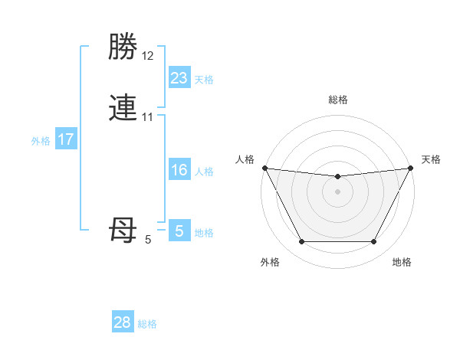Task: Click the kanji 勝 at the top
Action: point(123,48)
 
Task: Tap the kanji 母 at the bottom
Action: point(123,229)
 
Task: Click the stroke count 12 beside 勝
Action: point(147,56)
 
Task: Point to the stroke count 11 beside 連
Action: point(147,116)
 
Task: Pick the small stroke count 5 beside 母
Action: point(148,240)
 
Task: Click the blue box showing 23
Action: point(179,78)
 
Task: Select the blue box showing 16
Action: point(179,170)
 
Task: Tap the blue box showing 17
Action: point(65,139)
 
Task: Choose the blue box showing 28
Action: point(123,322)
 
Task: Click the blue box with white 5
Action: point(179,231)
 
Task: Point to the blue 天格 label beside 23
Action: point(204,80)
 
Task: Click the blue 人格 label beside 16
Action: point(204,172)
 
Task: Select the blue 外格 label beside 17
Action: point(41,141)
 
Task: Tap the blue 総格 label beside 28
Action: point(147,324)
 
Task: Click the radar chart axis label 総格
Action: point(337,100)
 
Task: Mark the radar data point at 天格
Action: point(411,169)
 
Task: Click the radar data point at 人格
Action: point(264,169)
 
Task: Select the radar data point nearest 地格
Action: point(373,242)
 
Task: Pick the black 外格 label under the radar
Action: point(270,262)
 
